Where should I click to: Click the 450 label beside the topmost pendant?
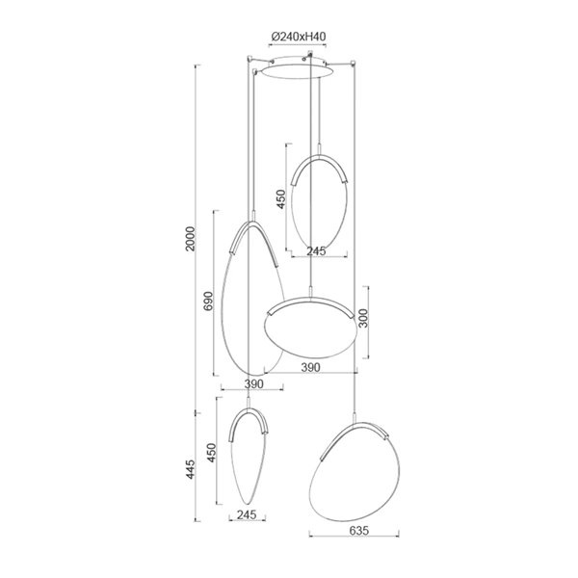(x=281, y=198)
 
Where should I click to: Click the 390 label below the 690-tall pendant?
(x=252, y=383)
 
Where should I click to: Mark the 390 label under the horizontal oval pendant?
(x=311, y=367)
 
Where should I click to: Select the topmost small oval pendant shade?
(x=318, y=202)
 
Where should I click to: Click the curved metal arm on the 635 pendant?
(x=356, y=428)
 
